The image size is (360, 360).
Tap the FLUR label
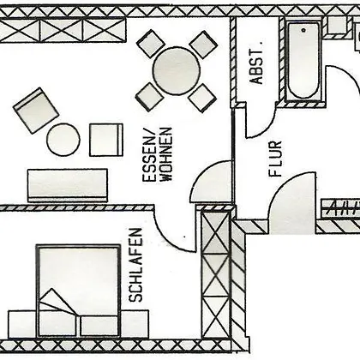(x=276, y=159)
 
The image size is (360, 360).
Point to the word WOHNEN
(x=165, y=154)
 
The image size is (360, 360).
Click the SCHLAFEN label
(x=135, y=265)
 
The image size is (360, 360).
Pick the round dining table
(x=177, y=70)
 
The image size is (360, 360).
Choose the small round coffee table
(x=63, y=140)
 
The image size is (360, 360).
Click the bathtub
(x=303, y=61)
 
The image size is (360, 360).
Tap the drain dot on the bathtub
(x=303, y=30)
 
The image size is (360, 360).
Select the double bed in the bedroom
(x=78, y=291)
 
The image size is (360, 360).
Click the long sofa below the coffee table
(x=68, y=185)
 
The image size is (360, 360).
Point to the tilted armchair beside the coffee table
(x=36, y=111)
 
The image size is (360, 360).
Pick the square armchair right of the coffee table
(x=106, y=140)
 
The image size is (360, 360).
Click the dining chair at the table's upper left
(x=151, y=44)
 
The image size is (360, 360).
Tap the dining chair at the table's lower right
(x=202, y=98)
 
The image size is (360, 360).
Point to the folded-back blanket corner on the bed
(x=57, y=302)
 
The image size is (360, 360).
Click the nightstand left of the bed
(x=22, y=324)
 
